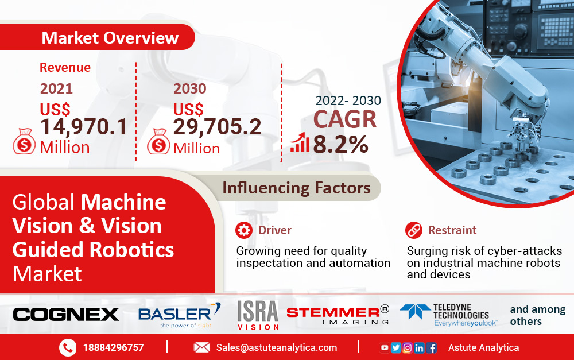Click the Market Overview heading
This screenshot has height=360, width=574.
pos(110,38)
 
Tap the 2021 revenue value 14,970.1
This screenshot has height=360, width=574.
pos(83,127)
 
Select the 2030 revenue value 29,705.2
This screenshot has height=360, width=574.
pos(217,127)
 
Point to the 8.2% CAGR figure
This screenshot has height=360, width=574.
pos(340,144)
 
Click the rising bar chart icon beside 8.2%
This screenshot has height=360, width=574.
pos(300,142)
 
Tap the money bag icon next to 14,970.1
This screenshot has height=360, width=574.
pos(24,141)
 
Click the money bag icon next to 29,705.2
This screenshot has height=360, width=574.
pos(158,141)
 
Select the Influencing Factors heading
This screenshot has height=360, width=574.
pos(296,188)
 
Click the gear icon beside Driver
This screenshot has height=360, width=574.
pos(244,230)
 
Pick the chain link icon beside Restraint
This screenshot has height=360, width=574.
pos(414,230)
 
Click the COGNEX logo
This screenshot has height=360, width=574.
pos(66,315)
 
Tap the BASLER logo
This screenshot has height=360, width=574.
pos(179,315)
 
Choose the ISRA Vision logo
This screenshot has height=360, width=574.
pos(258,315)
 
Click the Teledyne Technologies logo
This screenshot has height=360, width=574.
pos(448,315)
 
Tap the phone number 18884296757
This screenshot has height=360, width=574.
pos(114,347)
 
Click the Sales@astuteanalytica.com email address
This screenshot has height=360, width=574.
pos(277,347)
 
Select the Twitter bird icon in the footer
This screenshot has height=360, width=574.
pos(395,347)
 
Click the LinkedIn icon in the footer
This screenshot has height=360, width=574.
pos(419,347)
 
